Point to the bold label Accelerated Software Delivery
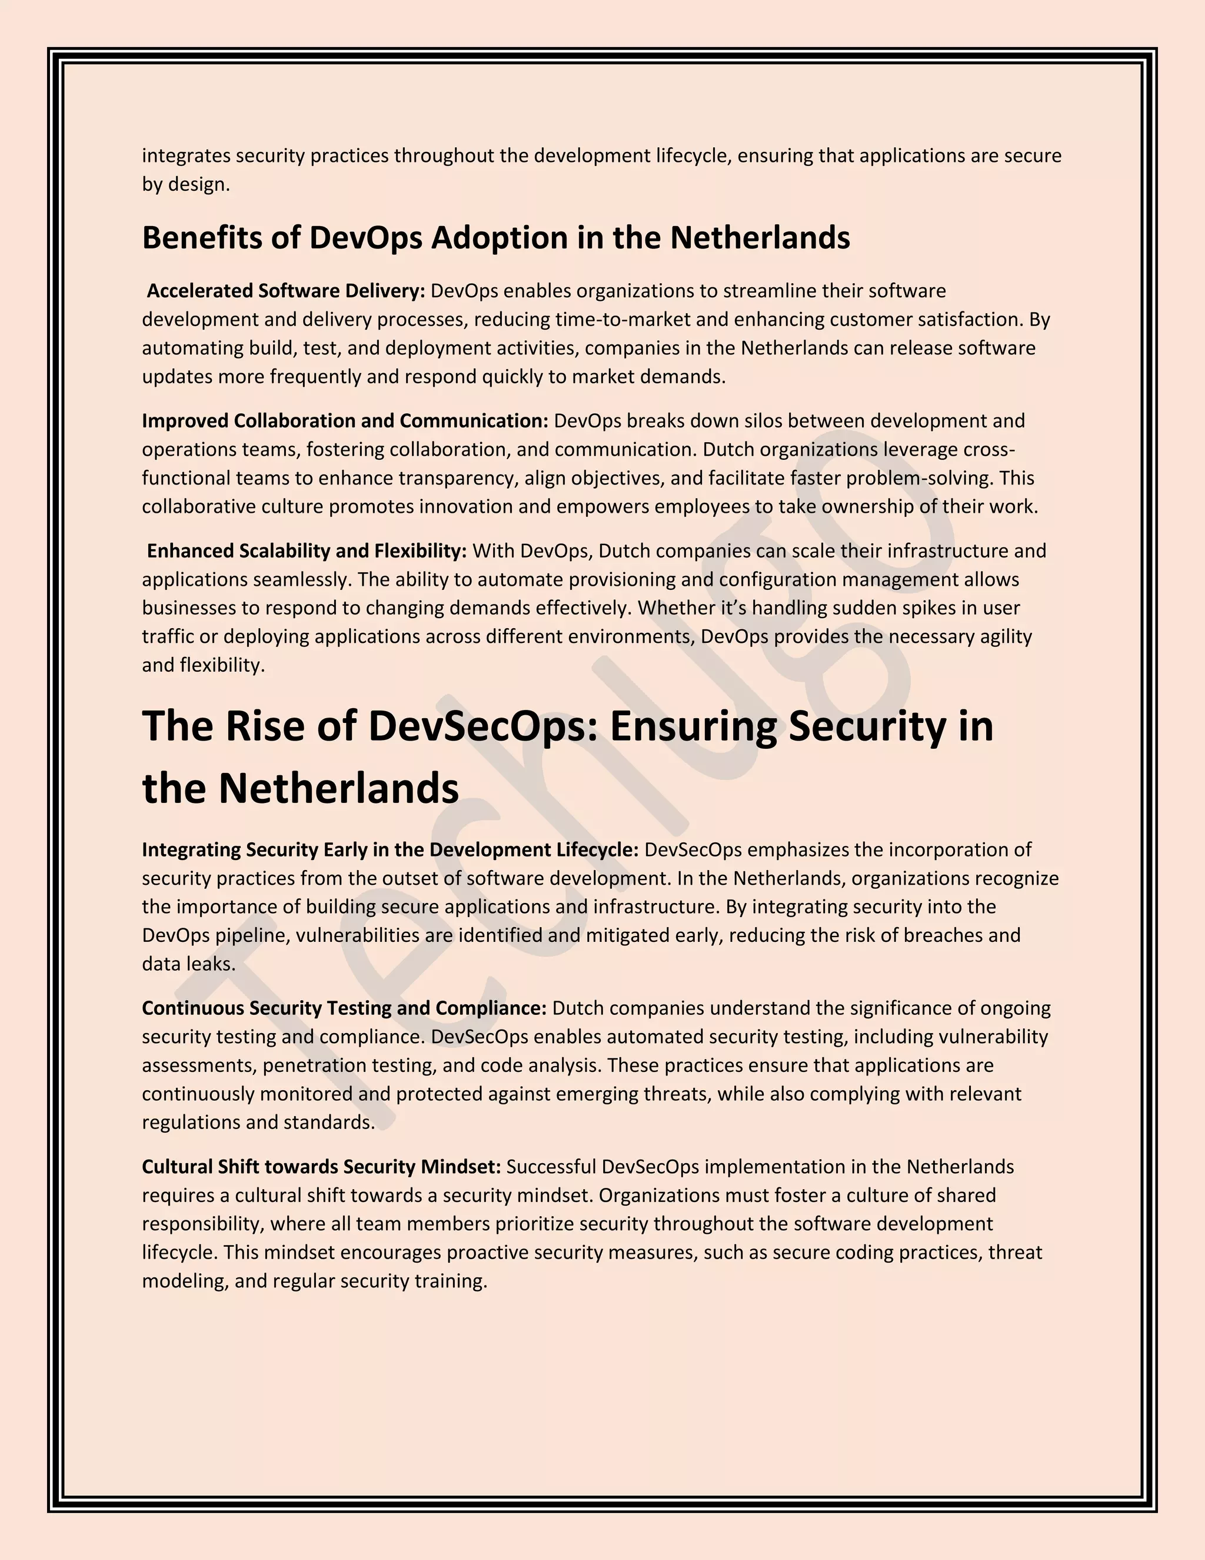coord(285,291)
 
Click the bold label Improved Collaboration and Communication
coord(345,421)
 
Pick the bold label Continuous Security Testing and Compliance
coord(344,1008)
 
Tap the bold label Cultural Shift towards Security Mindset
coord(321,1166)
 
